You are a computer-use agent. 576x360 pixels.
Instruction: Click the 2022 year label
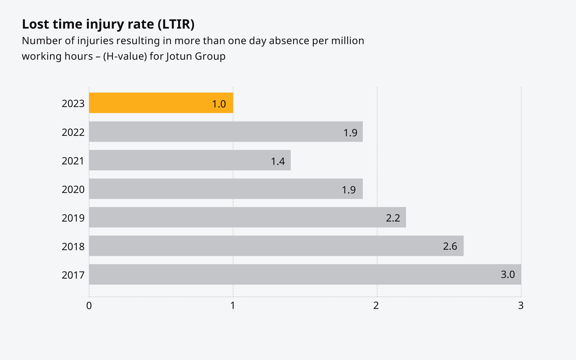tap(73, 132)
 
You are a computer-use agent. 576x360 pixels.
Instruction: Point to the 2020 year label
tap(73, 189)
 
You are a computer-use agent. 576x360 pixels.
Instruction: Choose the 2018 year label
tap(73, 247)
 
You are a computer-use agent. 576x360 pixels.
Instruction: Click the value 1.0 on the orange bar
tap(219, 104)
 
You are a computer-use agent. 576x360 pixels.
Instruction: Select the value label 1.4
tap(278, 161)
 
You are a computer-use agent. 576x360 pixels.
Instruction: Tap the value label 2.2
tap(393, 218)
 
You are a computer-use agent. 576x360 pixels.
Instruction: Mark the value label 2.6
tap(450, 246)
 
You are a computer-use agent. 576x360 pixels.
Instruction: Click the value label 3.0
tap(508, 275)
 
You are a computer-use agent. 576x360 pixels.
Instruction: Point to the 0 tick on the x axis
tap(89, 306)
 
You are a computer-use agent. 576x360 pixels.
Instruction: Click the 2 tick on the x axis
tap(376, 306)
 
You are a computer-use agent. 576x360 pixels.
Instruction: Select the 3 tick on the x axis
tap(521, 306)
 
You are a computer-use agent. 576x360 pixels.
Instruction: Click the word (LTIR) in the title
tap(176, 24)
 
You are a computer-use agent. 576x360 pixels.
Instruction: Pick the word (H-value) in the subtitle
tap(125, 56)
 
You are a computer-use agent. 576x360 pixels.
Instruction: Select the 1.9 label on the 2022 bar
tap(350, 133)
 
